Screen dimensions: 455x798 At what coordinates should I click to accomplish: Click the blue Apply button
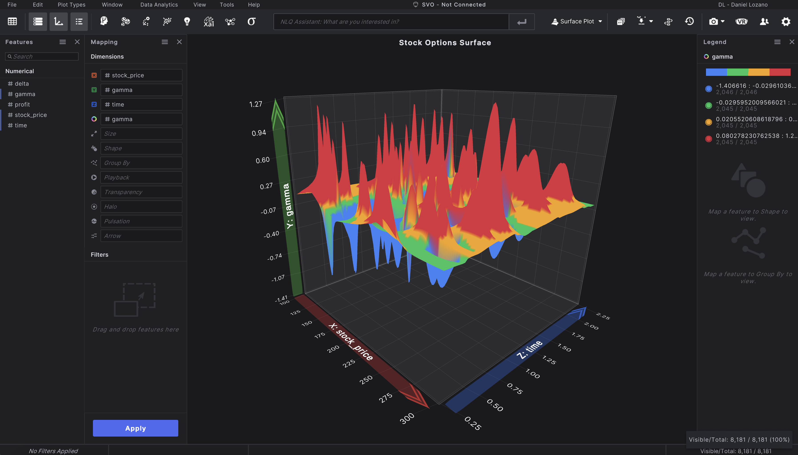pos(135,428)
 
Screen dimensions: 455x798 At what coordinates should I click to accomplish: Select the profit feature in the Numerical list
pos(22,104)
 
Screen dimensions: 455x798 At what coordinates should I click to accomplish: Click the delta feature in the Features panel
pos(22,83)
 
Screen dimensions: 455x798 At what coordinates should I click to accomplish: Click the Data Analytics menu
pos(159,5)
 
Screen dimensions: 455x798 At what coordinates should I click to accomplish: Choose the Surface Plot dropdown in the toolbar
pos(577,22)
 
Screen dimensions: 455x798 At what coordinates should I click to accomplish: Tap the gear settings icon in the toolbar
pos(786,22)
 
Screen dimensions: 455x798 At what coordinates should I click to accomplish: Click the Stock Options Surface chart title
pos(445,42)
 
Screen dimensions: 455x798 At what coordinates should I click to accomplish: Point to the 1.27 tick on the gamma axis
pos(255,104)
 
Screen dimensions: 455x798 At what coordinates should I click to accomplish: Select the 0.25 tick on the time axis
pos(473,423)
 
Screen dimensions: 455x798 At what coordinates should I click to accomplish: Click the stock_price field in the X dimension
pos(141,75)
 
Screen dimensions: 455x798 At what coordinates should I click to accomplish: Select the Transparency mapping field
pos(141,192)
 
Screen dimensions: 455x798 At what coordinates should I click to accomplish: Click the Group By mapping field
pos(141,163)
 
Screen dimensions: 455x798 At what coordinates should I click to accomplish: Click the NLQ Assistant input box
pos(391,22)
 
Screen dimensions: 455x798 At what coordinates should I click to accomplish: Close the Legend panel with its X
pos(792,42)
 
